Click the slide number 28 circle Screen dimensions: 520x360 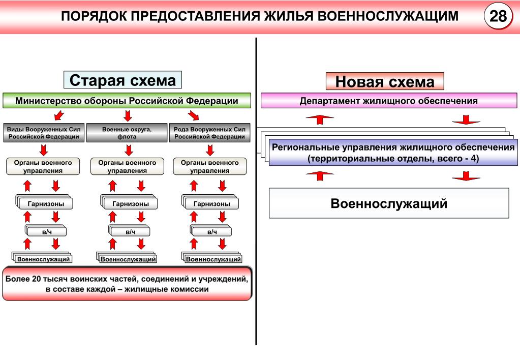click(x=498, y=16)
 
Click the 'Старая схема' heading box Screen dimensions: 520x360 click(x=123, y=80)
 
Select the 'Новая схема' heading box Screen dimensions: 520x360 click(x=385, y=81)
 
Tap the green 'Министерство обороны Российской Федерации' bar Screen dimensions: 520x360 click(x=127, y=101)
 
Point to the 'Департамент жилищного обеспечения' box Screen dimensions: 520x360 click(x=389, y=101)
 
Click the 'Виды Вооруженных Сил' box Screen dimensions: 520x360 click(x=44, y=133)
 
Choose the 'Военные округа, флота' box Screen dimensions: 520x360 click(x=127, y=133)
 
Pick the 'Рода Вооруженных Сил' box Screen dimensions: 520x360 click(x=209, y=133)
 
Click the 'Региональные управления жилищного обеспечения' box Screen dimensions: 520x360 click(x=393, y=153)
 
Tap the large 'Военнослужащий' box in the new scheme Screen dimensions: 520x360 click(x=389, y=203)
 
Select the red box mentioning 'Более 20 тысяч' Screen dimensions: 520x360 click(x=127, y=284)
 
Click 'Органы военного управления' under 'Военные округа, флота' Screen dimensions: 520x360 click(x=127, y=166)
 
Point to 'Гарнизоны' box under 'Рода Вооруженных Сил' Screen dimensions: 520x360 click(x=211, y=203)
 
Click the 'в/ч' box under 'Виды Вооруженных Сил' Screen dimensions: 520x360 click(x=47, y=231)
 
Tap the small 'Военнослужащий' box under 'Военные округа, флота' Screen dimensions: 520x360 click(x=128, y=259)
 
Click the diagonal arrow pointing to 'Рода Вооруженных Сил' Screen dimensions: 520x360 click(x=193, y=115)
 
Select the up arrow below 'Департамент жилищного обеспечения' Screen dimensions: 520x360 click(x=320, y=119)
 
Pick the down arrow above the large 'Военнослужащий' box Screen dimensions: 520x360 click(x=466, y=176)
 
